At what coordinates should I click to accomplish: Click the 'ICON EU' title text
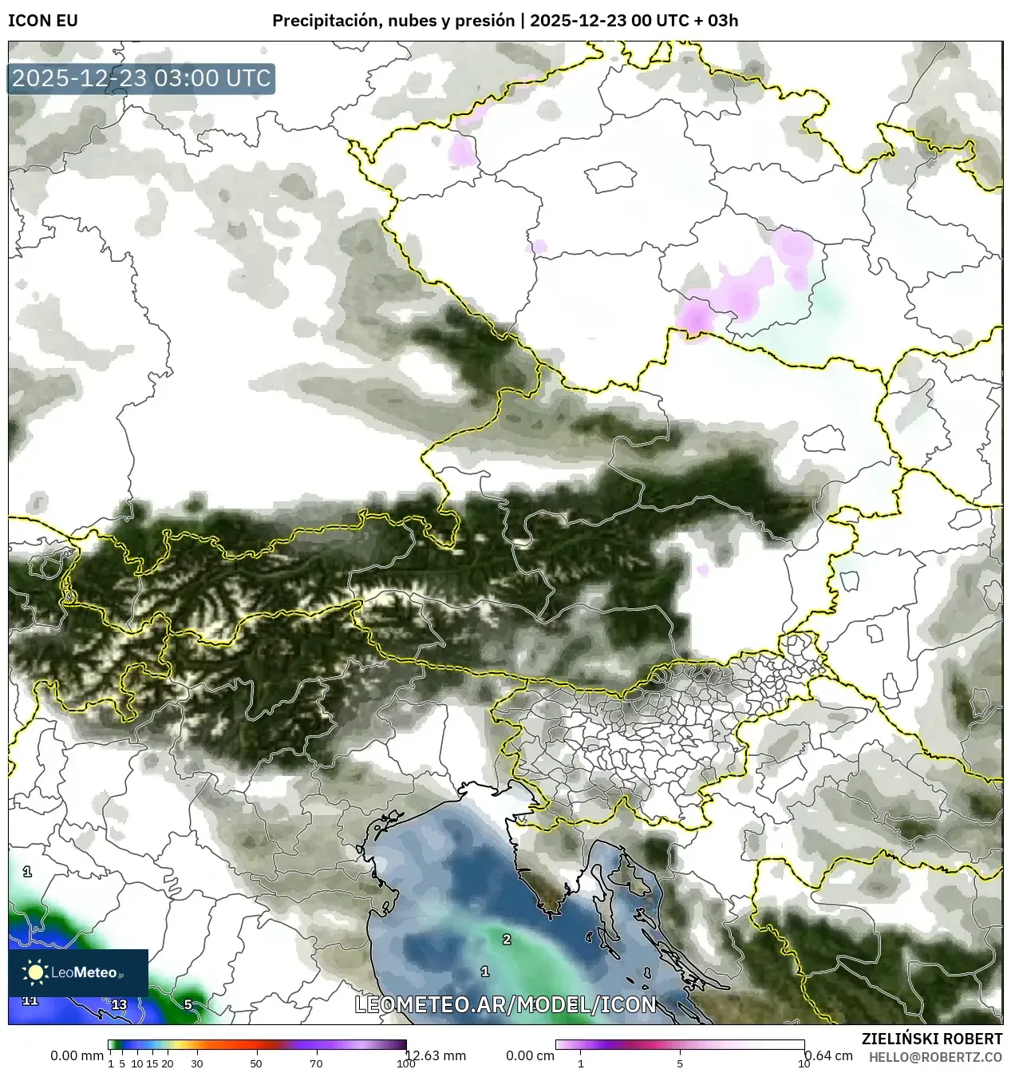(x=43, y=21)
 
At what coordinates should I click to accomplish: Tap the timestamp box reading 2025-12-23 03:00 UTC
(x=141, y=79)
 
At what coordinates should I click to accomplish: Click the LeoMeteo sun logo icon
(x=34, y=972)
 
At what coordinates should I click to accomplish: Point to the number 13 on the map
(x=119, y=1004)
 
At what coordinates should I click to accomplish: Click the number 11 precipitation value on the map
(x=30, y=1000)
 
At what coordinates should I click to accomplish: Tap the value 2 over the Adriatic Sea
(x=506, y=939)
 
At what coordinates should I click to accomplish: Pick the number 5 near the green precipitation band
(x=188, y=1004)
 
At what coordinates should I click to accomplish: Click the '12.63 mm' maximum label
(x=436, y=1055)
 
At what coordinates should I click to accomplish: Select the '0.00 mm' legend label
(x=77, y=1055)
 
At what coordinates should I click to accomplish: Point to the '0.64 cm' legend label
(x=828, y=1055)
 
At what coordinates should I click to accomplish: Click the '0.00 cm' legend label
(x=529, y=1055)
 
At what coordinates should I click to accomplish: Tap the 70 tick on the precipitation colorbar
(x=316, y=1063)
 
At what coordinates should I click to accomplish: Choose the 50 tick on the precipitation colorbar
(x=256, y=1063)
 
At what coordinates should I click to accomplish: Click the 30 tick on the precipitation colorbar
(x=196, y=1063)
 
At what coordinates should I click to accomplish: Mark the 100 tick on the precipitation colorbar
(x=405, y=1063)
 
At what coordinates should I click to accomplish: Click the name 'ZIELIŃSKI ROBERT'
(x=931, y=1039)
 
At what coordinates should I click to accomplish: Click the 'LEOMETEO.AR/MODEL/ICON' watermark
(x=505, y=1004)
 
